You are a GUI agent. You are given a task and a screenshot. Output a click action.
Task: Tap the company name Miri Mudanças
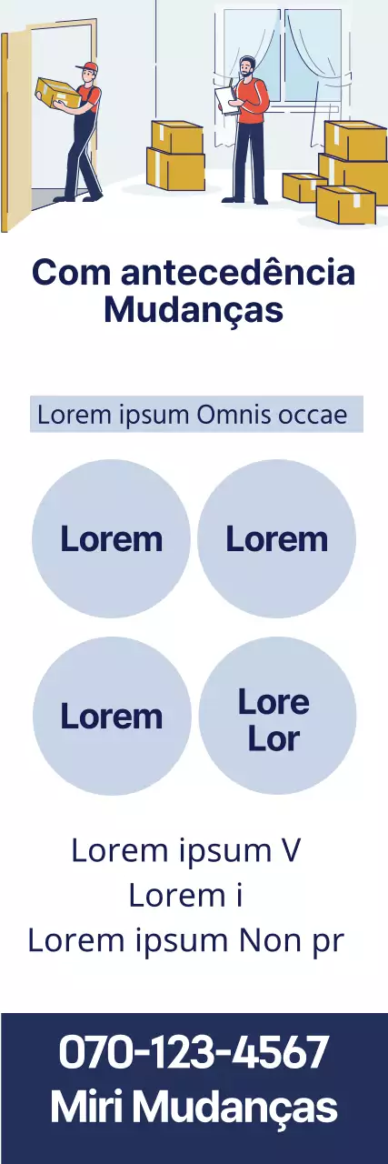[x=194, y=1108]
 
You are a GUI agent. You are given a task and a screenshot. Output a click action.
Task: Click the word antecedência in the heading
[x=238, y=272]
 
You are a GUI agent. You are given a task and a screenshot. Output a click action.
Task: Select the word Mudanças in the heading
[x=194, y=310]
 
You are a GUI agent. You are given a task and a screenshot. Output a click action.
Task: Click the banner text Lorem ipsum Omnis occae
[x=192, y=416]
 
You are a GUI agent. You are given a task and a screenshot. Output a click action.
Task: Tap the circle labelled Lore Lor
[x=277, y=716]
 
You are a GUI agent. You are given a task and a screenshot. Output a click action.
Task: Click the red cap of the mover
[x=89, y=66]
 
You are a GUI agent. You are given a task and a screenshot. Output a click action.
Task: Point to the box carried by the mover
[x=57, y=93]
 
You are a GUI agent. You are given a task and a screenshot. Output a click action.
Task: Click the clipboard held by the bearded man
[x=226, y=100]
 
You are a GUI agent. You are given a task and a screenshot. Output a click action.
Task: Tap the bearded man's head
[x=247, y=66]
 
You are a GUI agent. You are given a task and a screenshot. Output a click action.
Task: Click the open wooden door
[x=15, y=130]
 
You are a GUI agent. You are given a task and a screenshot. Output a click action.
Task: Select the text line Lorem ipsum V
[x=185, y=850]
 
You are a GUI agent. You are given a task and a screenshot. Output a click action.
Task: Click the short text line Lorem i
[x=185, y=896]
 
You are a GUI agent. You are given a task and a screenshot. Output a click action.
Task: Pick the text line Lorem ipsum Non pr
[x=186, y=940]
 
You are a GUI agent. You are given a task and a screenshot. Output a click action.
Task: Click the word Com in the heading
[x=71, y=272]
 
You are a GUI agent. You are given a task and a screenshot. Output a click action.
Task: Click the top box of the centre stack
[x=177, y=136]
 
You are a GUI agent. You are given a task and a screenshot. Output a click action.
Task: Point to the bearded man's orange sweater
[x=253, y=101]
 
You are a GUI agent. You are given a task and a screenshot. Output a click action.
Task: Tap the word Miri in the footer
[x=86, y=1107]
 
